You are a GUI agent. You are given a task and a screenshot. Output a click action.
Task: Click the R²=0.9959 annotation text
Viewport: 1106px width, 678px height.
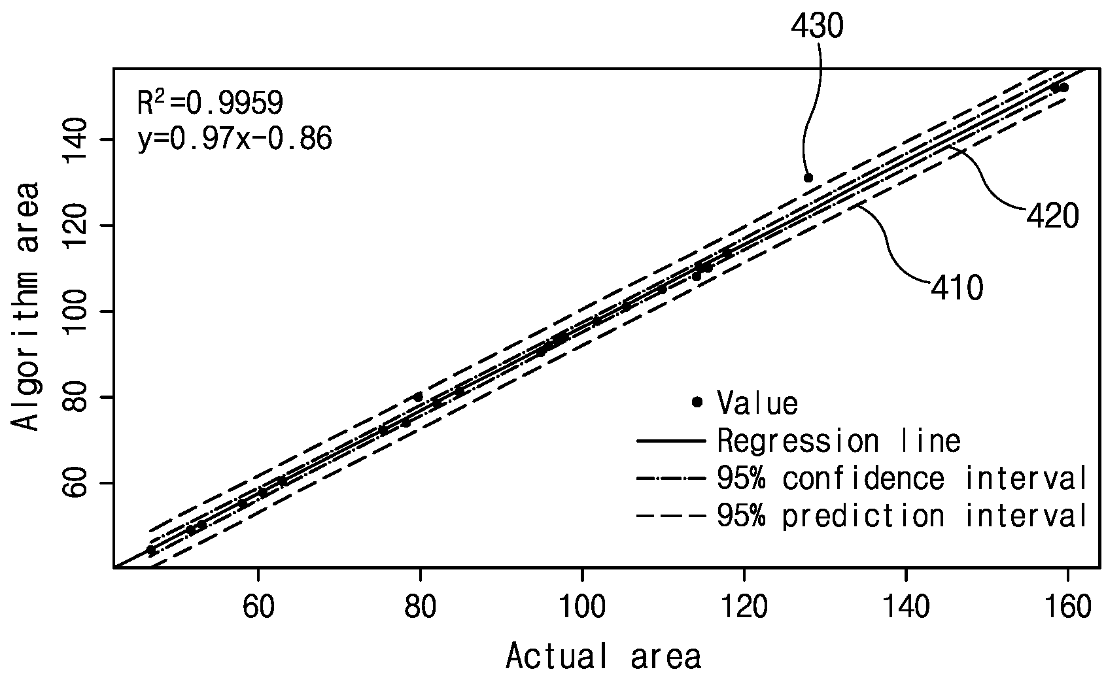point(210,103)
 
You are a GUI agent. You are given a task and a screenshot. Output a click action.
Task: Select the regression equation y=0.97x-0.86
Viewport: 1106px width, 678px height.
point(235,139)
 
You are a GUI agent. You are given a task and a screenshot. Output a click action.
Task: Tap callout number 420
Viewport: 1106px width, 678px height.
point(1052,216)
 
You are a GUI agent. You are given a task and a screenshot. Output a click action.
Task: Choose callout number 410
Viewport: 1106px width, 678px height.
point(957,288)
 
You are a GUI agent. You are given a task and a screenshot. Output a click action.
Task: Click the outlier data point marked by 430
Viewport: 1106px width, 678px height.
point(808,178)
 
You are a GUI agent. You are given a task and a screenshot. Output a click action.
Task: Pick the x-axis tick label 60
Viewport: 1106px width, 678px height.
point(258,607)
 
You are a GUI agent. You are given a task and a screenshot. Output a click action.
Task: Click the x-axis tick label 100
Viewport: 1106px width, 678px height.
point(583,607)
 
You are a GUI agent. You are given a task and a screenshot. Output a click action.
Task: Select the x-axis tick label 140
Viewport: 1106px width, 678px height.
point(907,607)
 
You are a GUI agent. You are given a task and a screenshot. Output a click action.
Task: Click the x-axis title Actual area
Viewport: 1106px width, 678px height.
point(604,656)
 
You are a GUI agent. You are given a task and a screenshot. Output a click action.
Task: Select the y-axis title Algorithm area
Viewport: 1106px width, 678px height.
point(25,306)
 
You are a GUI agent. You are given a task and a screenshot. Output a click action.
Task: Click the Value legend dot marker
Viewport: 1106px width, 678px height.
point(697,402)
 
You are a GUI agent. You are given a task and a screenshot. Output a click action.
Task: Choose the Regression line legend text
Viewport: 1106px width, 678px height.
point(839,440)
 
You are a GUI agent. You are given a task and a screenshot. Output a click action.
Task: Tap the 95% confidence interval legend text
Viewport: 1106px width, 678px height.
point(902,478)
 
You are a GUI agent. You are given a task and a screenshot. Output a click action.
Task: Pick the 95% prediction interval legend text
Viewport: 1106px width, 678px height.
point(902,516)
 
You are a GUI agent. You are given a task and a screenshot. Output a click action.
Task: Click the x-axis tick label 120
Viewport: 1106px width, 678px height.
point(744,607)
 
